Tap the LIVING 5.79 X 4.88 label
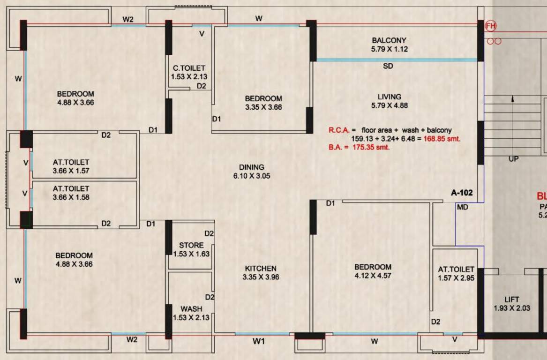(389, 101)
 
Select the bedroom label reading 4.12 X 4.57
(373, 271)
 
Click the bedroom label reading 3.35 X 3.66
(263, 103)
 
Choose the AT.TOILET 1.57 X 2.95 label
(456, 274)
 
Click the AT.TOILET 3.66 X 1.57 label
(71, 166)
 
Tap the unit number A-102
(462, 193)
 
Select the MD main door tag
(462, 207)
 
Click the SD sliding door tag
(388, 67)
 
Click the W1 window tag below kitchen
(259, 342)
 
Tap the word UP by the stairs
(513, 159)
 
